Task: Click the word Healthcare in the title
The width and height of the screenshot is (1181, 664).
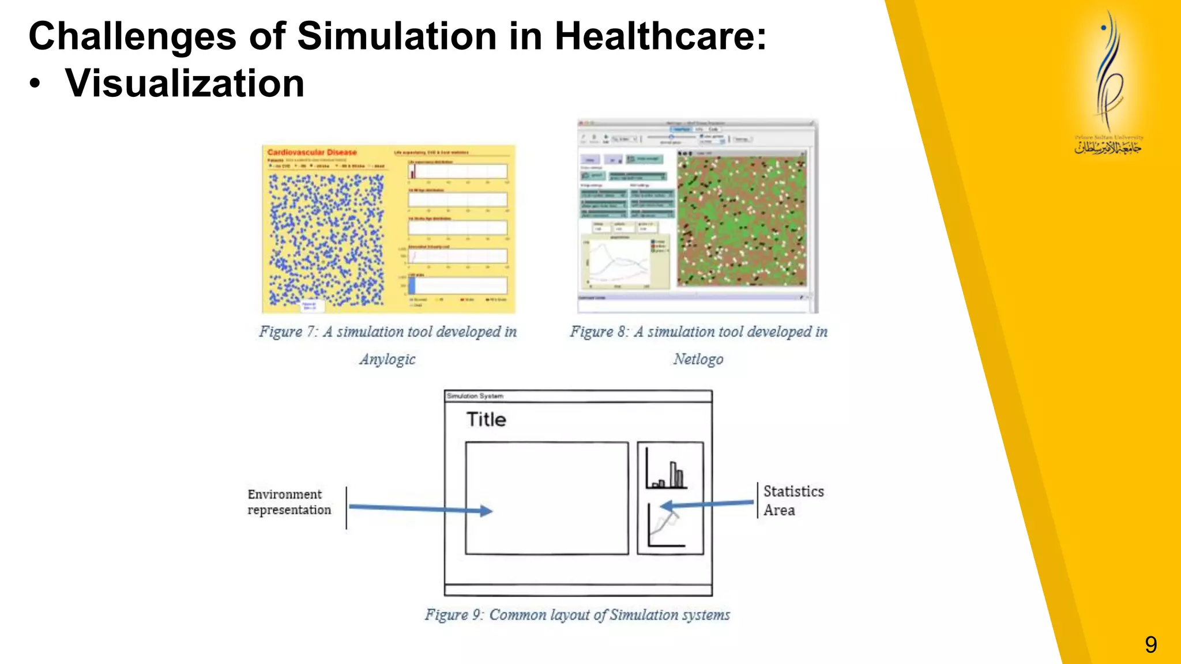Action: [x=660, y=36]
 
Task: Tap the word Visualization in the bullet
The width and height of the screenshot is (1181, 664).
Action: [x=185, y=84]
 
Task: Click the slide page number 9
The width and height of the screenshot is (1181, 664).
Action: [x=1150, y=644]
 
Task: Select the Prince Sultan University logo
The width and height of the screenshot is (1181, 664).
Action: [x=1108, y=84]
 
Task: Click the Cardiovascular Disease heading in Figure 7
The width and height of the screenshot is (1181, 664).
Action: [x=312, y=152]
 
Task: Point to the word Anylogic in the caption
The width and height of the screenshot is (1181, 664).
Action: [x=388, y=359]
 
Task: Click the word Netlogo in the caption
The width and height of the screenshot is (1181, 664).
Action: [x=698, y=359]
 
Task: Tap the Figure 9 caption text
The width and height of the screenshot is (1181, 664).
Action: [x=577, y=615]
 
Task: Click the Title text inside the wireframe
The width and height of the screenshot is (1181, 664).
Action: [x=486, y=420]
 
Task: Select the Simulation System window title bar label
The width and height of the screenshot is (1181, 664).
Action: [x=475, y=396]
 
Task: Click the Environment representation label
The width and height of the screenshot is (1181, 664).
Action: [x=289, y=502]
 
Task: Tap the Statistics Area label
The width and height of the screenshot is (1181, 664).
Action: [x=793, y=500]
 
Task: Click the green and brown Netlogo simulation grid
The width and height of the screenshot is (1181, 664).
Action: [x=741, y=220]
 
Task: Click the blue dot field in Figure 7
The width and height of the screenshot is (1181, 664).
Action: [x=326, y=239]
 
